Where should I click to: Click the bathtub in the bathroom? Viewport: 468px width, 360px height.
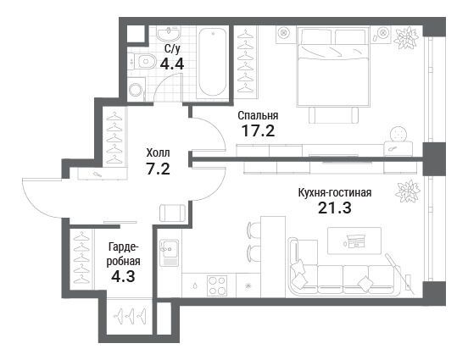212,62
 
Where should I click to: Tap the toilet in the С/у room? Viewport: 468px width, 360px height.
144,62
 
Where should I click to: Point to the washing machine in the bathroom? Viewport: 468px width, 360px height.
136,89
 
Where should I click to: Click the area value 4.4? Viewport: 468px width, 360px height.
171,64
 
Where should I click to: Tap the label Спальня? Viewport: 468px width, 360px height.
258,115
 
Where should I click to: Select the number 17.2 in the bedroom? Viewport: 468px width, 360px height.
258,130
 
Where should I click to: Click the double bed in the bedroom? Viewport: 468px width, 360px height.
333,67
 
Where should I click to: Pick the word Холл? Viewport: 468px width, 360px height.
158,153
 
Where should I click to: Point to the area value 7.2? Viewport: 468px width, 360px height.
158,169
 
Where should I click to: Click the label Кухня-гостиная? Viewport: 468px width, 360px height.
335,192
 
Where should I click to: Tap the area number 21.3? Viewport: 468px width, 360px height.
335,208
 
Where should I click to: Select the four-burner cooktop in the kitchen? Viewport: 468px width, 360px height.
217,285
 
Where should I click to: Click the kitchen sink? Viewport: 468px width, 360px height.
169,252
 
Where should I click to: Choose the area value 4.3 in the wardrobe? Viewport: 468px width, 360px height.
123,276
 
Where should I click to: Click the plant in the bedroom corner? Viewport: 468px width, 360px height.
405,37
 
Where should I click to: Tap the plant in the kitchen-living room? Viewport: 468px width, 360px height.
408,191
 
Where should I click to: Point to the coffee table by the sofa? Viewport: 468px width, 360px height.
354,241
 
